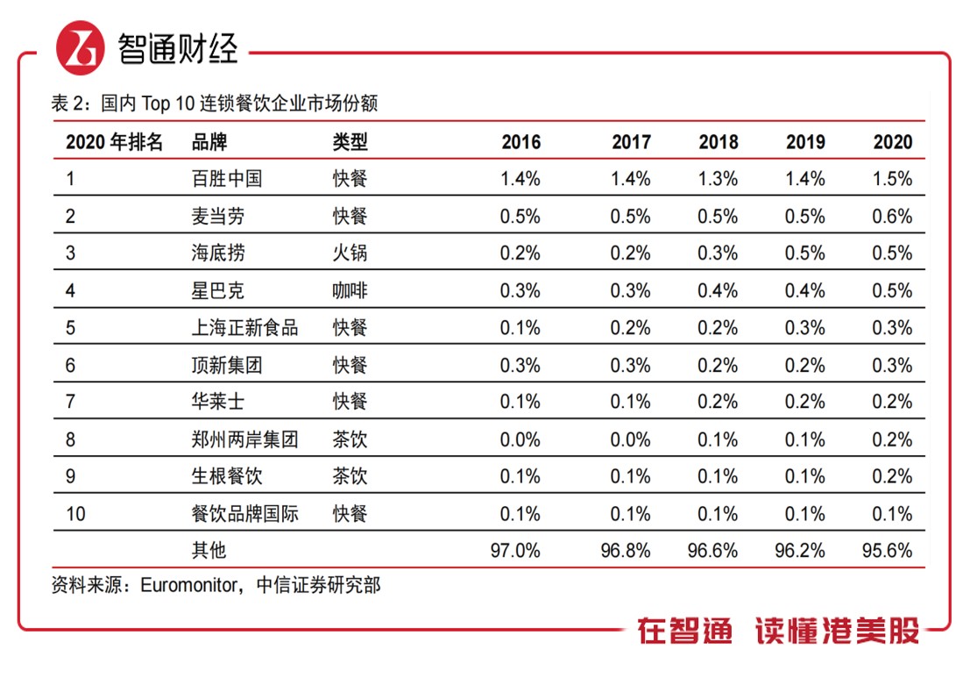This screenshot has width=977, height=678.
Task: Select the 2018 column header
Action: (719, 142)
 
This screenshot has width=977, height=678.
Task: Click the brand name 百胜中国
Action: (226, 179)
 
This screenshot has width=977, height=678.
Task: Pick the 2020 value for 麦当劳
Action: (892, 217)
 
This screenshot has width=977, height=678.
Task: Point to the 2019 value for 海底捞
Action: (805, 253)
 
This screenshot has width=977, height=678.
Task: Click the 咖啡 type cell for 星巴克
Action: (350, 291)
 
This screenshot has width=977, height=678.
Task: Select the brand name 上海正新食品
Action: (244, 328)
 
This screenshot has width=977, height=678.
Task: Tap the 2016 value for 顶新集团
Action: (520, 365)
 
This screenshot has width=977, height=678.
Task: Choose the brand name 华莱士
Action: (217, 402)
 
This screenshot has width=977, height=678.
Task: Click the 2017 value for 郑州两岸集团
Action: (631, 439)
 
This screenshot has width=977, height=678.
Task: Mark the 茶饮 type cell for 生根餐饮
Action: (350, 476)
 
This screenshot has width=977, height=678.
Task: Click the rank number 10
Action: (76, 514)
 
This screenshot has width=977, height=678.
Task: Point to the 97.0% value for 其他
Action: (517, 551)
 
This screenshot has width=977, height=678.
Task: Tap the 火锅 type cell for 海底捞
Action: (350, 253)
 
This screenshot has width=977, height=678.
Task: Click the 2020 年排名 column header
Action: (114, 142)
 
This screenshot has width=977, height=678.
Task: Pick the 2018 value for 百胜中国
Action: (719, 179)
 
